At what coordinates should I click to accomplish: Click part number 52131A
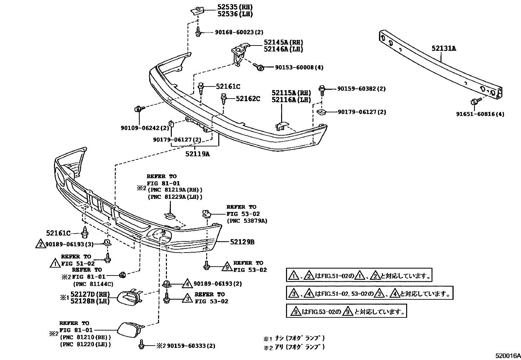[443, 48]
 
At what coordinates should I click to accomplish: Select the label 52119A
[198, 153]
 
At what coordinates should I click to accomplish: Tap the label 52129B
[242, 242]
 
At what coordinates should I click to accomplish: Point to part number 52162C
[248, 99]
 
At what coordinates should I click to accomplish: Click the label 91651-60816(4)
[480, 114]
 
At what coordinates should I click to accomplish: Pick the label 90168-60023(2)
[239, 32]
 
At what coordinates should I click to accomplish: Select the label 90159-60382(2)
[361, 89]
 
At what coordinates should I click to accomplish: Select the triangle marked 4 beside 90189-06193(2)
[187, 283]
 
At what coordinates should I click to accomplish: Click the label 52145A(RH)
[283, 42]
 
